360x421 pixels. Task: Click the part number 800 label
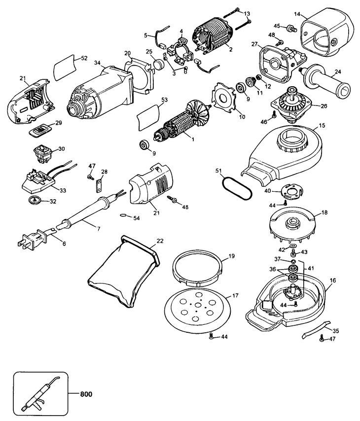click(86, 394)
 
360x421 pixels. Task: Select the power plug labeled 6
click(36, 238)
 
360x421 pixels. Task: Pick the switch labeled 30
click(42, 154)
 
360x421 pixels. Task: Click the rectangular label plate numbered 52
click(64, 68)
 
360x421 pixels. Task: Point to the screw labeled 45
click(292, 28)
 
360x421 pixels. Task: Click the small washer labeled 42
click(292, 246)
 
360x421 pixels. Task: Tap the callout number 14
click(297, 13)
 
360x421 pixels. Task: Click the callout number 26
click(324, 106)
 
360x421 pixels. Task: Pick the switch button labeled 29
click(40, 131)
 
